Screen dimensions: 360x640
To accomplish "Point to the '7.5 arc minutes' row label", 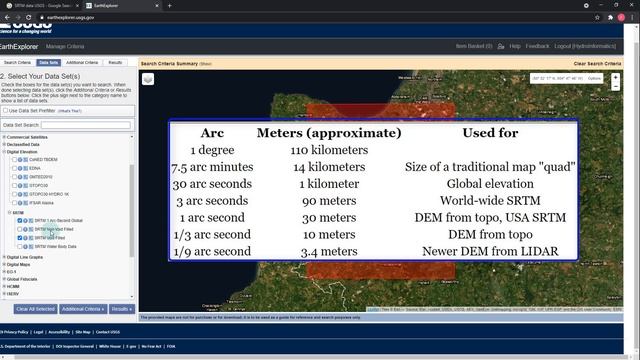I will (x=211, y=167).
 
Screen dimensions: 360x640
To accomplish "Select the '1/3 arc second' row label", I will (x=211, y=234).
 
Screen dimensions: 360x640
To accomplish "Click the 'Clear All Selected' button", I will (x=35, y=309).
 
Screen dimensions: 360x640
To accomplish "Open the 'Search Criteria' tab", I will (x=17, y=62).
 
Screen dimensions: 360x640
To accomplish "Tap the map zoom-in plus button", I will (x=616, y=77).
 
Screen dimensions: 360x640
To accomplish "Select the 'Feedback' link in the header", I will (x=537, y=46).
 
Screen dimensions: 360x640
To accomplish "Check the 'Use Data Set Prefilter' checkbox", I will (x=4, y=110).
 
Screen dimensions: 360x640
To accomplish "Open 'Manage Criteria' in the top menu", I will (x=65, y=46).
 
